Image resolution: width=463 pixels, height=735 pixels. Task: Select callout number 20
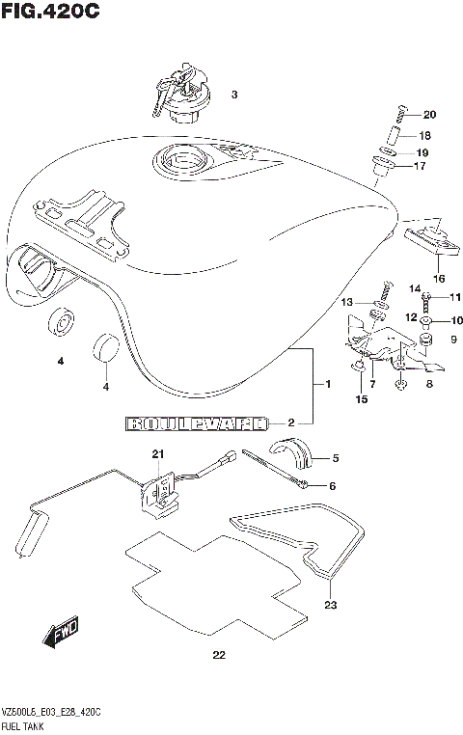coord(429,115)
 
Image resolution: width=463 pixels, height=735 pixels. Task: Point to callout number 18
coord(424,136)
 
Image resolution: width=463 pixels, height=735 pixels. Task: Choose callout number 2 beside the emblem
coord(288,422)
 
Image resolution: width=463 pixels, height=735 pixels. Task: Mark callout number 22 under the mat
coord(218,657)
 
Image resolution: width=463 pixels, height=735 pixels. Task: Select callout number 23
coord(331,606)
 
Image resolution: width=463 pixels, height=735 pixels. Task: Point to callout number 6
coord(331,485)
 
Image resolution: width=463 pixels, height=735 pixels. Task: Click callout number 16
coord(438,279)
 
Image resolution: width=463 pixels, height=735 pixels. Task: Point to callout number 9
coord(453,340)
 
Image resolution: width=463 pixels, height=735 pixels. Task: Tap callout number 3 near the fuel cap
coord(233,95)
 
